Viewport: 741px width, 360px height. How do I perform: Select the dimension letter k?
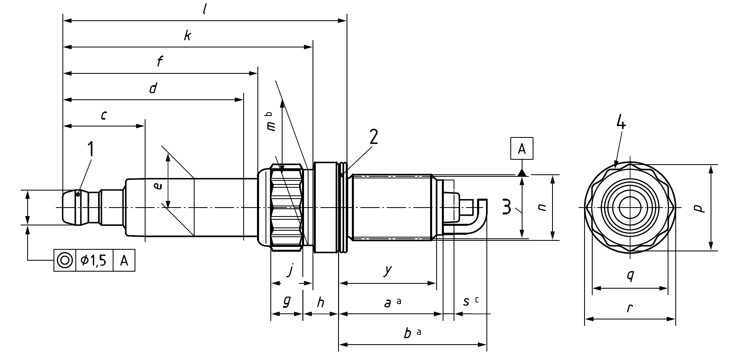(x=187, y=36)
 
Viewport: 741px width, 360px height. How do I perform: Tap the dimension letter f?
(x=160, y=62)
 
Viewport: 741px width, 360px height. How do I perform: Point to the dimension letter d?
(x=153, y=88)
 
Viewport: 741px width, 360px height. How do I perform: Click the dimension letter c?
(x=104, y=116)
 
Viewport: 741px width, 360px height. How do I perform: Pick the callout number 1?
(x=91, y=149)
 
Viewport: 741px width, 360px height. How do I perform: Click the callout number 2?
(x=373, y=137)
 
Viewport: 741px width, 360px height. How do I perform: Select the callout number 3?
(x=507, y=207)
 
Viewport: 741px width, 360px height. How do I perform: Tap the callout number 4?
(x=621, y=122)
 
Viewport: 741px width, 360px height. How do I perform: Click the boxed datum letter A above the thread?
(x=522, y=149)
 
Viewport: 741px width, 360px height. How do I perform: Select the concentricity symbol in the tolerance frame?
(x=65, y=260)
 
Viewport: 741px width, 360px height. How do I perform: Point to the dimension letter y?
(x=388, y=270)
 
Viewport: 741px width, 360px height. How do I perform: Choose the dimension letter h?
(x=320, y=301)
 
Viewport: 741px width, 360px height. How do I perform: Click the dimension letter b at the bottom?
(x=409, y=332)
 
